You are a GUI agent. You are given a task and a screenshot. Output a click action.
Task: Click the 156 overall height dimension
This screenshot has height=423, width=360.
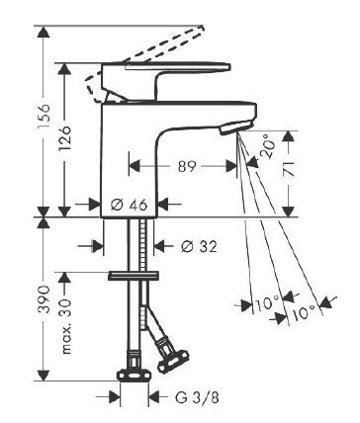[x=44, y=116]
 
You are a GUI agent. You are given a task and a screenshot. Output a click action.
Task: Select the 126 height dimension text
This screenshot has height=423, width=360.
[x=64, y=137]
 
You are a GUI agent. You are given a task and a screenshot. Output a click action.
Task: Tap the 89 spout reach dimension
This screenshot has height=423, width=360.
[x=187, y=166]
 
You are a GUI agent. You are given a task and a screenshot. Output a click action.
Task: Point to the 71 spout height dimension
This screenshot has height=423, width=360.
[x=289, y=168]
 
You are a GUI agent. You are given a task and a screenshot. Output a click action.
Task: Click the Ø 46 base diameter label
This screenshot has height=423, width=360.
[x=129, y=206]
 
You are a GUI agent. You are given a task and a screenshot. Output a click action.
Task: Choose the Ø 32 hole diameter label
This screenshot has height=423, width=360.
[x=200, y=246]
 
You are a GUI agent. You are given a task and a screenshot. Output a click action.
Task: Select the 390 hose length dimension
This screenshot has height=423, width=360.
[x=44, y=299]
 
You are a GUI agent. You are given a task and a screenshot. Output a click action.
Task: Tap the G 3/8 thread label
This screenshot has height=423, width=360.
[x=197, y=397]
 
